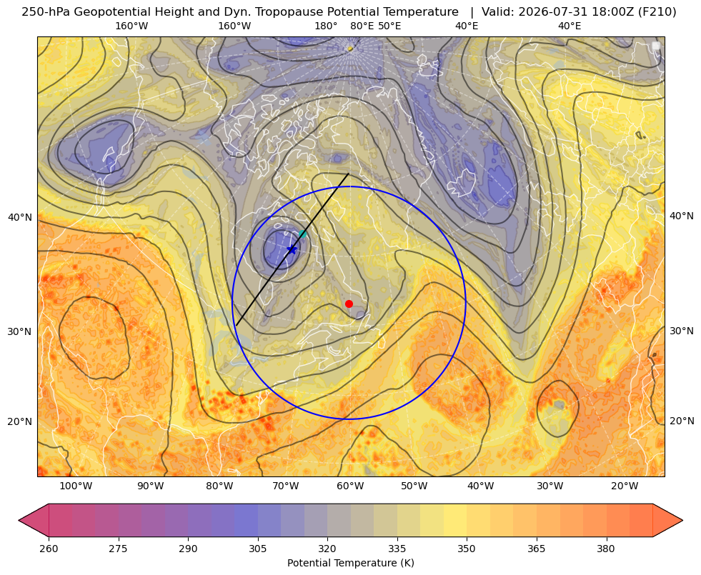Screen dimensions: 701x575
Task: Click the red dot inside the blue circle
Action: [x=349, y=304]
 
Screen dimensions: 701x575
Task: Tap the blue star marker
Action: [x=292, y=249]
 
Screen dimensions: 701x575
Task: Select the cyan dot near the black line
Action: [x=302, y=234]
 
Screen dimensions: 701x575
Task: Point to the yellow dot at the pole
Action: [x=350, y=49]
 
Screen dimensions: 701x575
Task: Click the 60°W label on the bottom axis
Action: [x=350, y=486]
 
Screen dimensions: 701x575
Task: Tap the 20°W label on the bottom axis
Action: [x=624, y=486]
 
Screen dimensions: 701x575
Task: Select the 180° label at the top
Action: [x=326, y=26]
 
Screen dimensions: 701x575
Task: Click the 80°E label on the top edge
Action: [x=362, y=26]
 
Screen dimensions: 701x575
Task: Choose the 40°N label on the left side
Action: [x=20, y=218]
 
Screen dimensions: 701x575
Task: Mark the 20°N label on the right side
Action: [x=681, y=421]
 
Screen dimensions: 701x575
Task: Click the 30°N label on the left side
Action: [x=20, y=331]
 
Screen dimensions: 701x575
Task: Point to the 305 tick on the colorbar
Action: [x=257, y=549]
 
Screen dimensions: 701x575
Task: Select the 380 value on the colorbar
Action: [x=606, y=549]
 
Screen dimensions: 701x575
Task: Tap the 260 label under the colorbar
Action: [x=49, y=549]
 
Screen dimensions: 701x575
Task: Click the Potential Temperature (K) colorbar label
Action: [x=350, y=563]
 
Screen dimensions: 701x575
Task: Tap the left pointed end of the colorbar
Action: [x=19, y=520]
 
